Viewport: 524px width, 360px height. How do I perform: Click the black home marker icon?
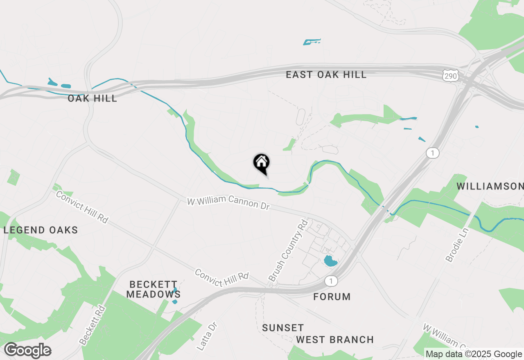pos(262,163)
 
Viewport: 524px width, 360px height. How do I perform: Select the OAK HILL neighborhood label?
pos(93,98)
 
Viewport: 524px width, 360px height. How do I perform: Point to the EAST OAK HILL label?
pos(326,74)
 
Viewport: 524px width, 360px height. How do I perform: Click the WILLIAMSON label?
pos(490,187)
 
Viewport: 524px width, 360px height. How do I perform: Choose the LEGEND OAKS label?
pos(41,230)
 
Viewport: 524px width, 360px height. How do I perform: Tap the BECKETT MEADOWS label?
pos(154,289)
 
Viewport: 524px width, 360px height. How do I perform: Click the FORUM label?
pos(332,297)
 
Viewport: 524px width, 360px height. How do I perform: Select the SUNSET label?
pos(283,328)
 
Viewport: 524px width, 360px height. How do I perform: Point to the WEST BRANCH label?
pos(335,340)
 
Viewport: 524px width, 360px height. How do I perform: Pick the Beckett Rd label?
pos(93,324)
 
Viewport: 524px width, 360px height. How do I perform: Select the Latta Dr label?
pos(207,335)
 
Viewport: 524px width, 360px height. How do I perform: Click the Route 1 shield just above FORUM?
pos(331,281)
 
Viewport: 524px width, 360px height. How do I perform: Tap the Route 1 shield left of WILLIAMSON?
pos(432,153)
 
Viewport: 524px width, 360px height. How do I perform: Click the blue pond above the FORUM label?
pos(330,261)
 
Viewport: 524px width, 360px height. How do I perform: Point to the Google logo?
pos(27,351)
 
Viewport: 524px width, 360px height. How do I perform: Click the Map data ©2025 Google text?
pos(474,354)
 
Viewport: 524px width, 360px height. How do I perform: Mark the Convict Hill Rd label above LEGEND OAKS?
pos(82,207)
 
